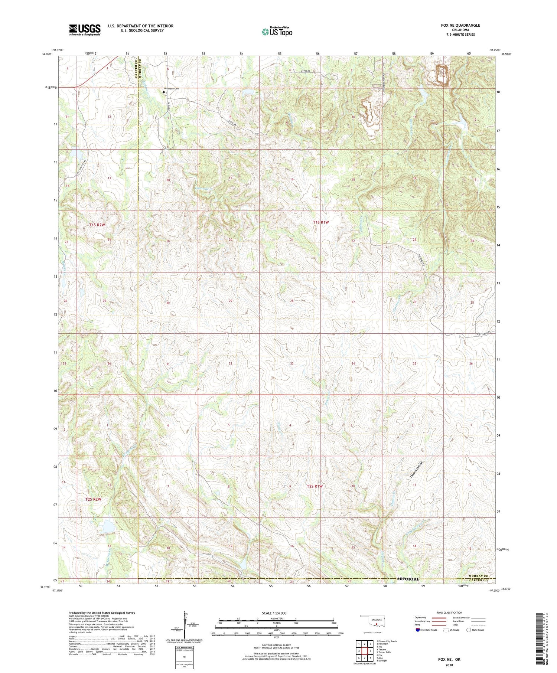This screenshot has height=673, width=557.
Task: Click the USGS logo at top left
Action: (85, 30)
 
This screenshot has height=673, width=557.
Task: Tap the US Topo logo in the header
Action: (276, 32)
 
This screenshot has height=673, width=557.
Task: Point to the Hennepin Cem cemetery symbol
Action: (164, 92)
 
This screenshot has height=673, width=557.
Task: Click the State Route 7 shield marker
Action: (94, 74)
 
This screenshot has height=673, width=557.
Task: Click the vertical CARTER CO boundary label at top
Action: (136, 67)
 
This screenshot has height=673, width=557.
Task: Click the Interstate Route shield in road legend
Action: (418, 630)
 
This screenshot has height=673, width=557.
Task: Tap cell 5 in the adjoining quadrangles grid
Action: (370, 651)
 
